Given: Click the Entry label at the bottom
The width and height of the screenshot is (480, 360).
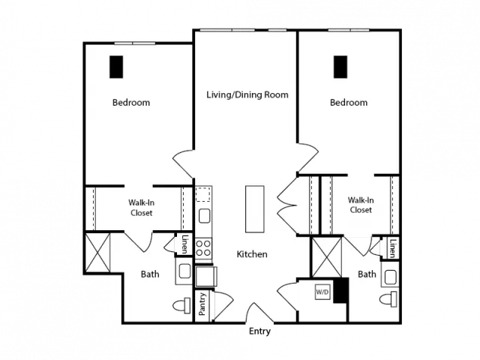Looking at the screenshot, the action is (x=259, y=331).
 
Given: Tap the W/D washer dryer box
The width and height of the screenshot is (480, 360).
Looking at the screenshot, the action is (x=322, y=292).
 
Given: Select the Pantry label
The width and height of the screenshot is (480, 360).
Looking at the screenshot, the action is (x=202, y=304).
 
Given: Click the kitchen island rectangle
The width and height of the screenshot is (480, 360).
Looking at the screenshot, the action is (x=255, y=208).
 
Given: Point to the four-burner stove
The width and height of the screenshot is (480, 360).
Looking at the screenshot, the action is (x=203, y=248).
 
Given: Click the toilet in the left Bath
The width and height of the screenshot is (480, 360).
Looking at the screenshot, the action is (x=181, y=305).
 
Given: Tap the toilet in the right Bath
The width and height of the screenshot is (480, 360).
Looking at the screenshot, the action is (x=388, y=299).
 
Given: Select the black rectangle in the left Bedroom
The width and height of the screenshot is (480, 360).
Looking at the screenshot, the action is (x=116, y=67).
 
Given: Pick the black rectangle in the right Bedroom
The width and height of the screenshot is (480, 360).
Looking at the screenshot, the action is (x=340, y=67).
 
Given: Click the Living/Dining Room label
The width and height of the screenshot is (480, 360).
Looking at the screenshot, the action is (x=247, y=94).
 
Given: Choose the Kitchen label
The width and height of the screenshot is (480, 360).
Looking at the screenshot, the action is (x=252, y=254).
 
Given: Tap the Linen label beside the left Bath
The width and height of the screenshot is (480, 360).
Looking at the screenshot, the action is (x=184, y=244).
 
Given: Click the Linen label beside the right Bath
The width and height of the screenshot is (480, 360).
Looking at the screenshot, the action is (x=392, y=248).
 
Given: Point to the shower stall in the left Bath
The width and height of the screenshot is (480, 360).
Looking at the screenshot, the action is (x=97, y=253).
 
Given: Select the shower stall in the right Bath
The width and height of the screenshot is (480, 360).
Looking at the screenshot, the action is (x=327, y=257).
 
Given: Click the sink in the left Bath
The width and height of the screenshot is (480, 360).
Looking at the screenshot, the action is (x=184, y=271).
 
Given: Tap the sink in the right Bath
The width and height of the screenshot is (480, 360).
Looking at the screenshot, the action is (x=390, y=277).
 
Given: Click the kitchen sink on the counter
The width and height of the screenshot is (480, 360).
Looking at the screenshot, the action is (x=204, y=216).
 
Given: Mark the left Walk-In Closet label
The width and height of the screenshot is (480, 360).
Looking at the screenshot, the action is (x=142, y=208).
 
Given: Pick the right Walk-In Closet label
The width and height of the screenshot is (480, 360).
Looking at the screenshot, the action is (x=361, y=205).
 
